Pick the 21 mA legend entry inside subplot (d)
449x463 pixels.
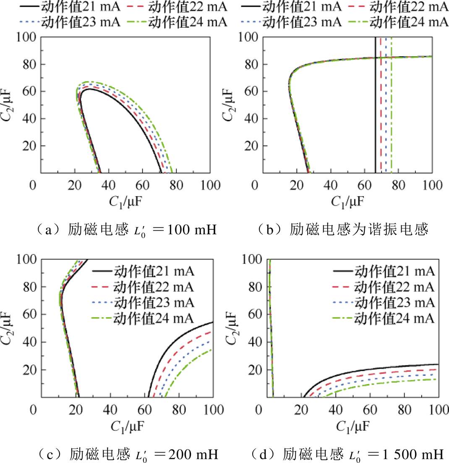coord(384,271)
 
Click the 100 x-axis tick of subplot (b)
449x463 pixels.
coord(431,185)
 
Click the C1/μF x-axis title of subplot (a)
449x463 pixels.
coord(124,202)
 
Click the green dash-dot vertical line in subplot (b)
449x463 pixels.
coord(392,105)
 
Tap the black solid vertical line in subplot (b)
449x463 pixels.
coord(375,105)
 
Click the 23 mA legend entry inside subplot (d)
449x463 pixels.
coord(384,303)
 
